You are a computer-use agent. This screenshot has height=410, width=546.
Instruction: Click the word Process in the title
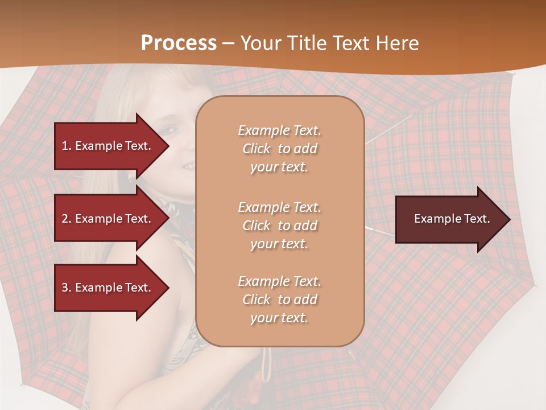(x=179, y=43)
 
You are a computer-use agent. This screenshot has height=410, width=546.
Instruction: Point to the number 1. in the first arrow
(x=67, y=146)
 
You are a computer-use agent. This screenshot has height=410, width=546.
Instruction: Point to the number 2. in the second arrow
(x=67, y=219)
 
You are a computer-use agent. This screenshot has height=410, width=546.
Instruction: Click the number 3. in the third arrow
(x=67, y=288)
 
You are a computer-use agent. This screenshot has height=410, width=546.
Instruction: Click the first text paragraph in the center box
(x=279, y=149)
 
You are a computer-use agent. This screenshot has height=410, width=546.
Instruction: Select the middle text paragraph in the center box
(x=279, y=225)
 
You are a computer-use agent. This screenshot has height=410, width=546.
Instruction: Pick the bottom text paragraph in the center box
(x=279, y=300)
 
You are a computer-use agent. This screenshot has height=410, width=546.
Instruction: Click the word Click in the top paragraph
(x=257, y=149)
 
